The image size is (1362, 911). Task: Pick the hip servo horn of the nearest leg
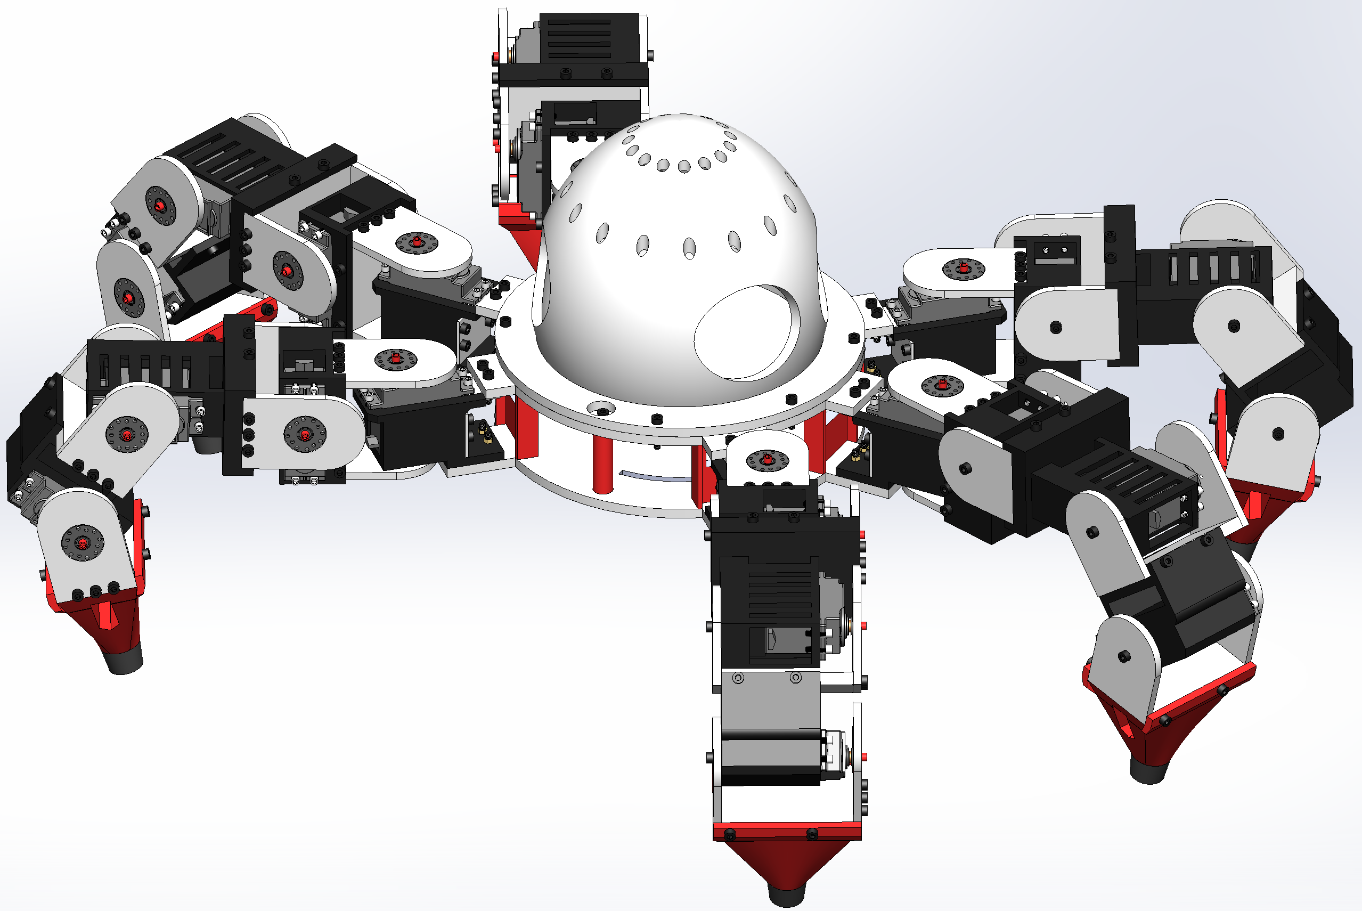point(766,460)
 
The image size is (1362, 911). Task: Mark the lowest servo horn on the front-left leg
point(83,543)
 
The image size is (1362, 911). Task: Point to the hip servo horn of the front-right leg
point(942,385)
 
